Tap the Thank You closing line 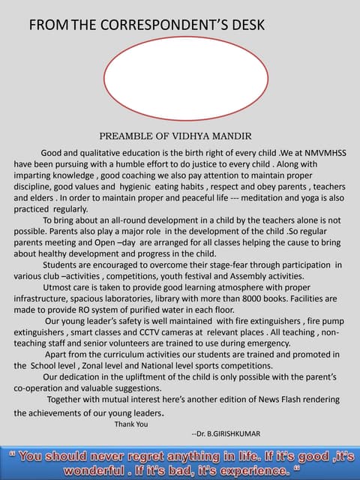[131, 424]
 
